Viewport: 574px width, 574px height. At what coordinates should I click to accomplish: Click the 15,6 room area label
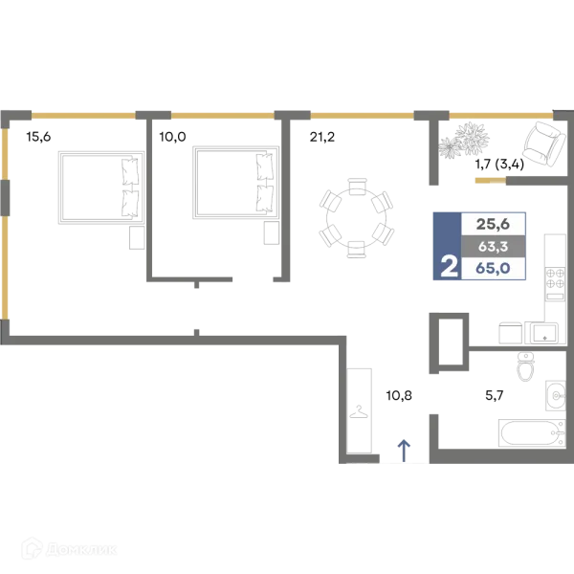38,137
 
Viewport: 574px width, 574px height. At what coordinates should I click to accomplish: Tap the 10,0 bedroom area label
172,137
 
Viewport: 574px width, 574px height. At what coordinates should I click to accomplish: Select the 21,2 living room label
322,137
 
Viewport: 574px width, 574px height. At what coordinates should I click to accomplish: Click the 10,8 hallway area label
399,395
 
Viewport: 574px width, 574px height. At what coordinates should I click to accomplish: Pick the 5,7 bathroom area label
495,395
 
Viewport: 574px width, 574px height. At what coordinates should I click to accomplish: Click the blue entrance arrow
404,451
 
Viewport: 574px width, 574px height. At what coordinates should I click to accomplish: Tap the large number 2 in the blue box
449,267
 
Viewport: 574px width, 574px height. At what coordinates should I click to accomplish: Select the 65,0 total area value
493,268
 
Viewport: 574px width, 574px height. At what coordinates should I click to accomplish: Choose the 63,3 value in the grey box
493,247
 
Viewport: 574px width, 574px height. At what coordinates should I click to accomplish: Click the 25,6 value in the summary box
493,224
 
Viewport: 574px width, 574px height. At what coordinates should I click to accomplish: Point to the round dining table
356,218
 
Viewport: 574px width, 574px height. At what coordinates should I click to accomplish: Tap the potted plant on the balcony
464,142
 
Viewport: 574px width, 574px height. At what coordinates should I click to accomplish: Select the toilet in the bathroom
525,366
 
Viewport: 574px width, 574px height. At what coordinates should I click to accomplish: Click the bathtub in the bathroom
532,433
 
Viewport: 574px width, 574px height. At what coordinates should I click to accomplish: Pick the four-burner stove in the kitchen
555,283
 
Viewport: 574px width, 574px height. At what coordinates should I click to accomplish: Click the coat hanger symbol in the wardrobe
359,411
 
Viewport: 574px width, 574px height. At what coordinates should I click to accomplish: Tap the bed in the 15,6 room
101,188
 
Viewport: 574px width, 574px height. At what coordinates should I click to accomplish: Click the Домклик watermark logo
69,549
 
